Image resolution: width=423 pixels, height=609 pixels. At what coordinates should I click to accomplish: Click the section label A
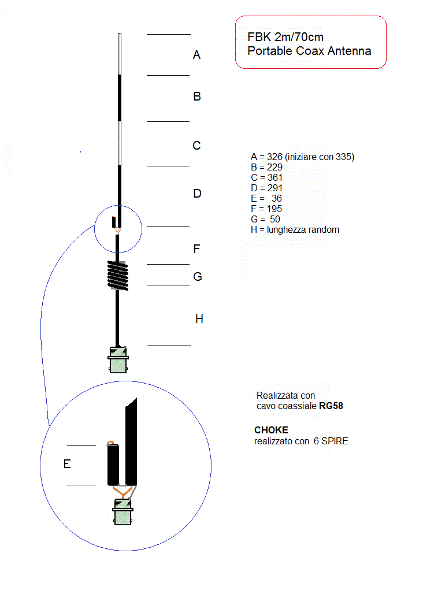(196, 55)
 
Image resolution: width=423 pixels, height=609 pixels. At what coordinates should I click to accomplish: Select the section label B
(197, 96)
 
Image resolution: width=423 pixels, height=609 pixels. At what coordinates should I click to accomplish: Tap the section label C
(196, 145)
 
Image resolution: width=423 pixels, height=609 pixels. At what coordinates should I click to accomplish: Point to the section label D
(197, 194)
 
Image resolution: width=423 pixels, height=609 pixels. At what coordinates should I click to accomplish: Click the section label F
(196, 248)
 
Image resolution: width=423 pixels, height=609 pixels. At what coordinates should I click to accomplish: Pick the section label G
(197, 277)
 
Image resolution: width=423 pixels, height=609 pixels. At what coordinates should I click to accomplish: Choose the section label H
(199, 319)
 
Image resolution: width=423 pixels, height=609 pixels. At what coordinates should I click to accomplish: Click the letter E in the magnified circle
(67, 464)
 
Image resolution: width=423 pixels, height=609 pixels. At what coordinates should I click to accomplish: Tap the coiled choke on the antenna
(118, 276)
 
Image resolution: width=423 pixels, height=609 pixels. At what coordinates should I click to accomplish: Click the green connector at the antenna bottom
(118, 359)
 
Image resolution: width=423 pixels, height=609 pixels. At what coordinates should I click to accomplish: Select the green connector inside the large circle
(123, 512)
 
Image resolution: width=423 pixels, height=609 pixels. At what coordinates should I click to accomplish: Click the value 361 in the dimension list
(274, 177)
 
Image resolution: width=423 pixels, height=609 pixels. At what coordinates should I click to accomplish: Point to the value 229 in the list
(274, 167)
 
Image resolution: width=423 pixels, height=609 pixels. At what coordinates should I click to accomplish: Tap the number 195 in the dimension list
(274, 209)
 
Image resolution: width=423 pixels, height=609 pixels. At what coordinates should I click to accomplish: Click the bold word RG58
(331, 406)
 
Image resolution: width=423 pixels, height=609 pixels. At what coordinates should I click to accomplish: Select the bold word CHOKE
(271, 430)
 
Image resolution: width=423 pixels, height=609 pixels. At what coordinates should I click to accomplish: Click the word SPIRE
(335, 441)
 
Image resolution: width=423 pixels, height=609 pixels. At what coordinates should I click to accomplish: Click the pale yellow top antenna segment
(120, 54)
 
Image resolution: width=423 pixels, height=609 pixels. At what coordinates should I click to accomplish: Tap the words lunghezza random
(303, 230)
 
